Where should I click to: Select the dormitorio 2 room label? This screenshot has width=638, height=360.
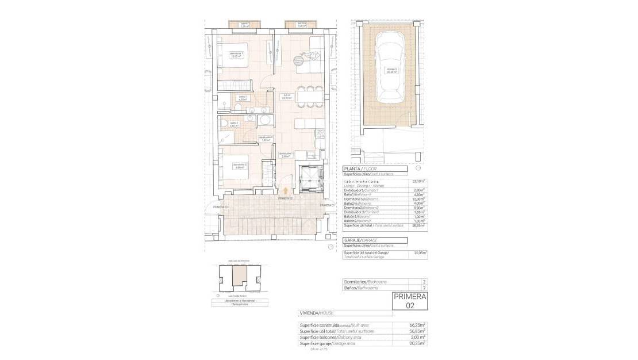tap(240, 166)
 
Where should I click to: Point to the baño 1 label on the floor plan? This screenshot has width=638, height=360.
tap(242, 98)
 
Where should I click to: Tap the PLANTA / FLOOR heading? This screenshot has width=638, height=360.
tap(361, 168)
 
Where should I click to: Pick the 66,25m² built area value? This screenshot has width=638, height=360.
tap(417, 325)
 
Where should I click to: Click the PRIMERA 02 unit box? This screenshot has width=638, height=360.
tap(410, 302)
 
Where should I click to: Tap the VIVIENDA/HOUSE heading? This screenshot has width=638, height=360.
tap(316, 313)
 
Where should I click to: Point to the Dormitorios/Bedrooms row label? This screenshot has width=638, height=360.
tap(363, 282)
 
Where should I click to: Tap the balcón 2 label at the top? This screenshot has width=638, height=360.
tap(301, 25)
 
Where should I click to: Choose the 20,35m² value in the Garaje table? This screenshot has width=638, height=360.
tap(419, 252)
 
